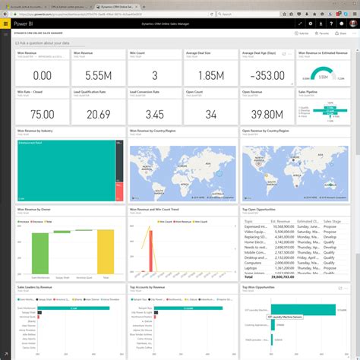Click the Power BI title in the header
point(23,24)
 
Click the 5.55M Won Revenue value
point(99,75)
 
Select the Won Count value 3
point(154,75)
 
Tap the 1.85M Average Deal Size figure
point(210,75)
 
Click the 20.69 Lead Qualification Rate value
point(99,113)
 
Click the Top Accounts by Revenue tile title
point(148,289)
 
